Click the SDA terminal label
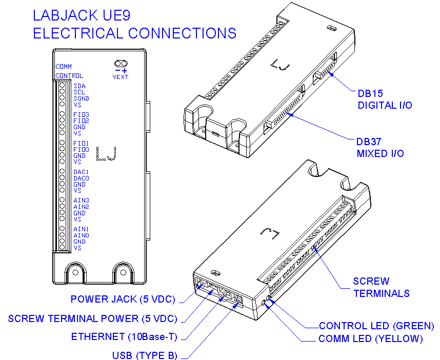click(x=79, y=86)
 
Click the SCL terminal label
click(x=79, y=92)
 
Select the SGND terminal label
click(x=81, y=98)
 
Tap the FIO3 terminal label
click(x=81, y=115)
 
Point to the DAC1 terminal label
click(x=81, y=172)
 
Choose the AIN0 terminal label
click(x=81, y=235)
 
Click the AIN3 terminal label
click(x=81, y=201)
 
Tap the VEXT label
click(x=121, y=77)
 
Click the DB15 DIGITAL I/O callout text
click(x=385, y=99)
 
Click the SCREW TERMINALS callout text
click(x=381, y=287)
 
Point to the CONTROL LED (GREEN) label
click(x=376, y=326)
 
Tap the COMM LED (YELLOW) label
click(x=370, y=339)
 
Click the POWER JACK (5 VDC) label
click(x=123, y=299)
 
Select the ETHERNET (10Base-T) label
click(x=124, y=337)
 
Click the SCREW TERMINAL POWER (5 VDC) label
click(x=92, y=318)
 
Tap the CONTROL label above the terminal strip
click(x=66, y=76)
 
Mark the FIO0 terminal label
click(x=81, y=150)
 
